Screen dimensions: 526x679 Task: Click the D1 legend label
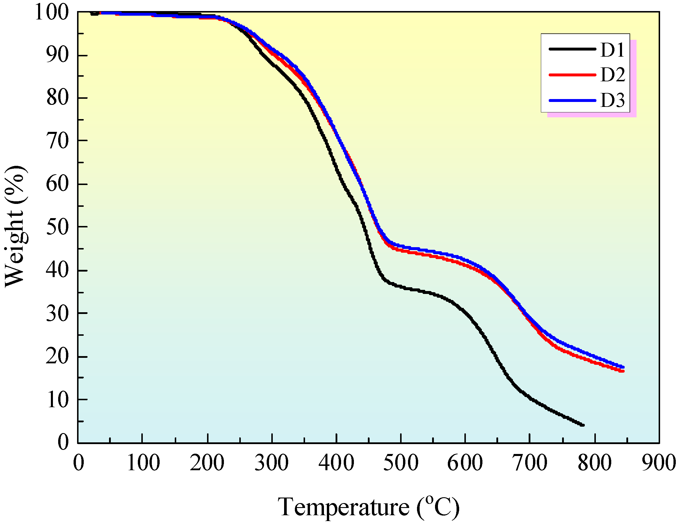612,50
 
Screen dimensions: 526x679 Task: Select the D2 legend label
612,75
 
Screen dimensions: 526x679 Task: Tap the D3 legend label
612,100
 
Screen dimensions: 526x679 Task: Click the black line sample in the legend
572,49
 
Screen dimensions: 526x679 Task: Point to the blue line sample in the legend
572,100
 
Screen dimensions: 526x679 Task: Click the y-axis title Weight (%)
15,227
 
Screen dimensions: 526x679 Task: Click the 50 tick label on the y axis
57,227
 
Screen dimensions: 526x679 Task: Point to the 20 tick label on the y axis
57,356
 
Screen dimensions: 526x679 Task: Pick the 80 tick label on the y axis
57,98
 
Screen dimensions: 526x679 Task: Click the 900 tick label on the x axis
658,463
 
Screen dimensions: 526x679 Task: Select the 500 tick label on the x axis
401,463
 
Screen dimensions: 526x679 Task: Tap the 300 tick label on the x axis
272,463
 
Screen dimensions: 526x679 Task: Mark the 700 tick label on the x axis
530,463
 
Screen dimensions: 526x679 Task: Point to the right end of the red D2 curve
623,371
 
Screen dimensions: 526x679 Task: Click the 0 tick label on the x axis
79,463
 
